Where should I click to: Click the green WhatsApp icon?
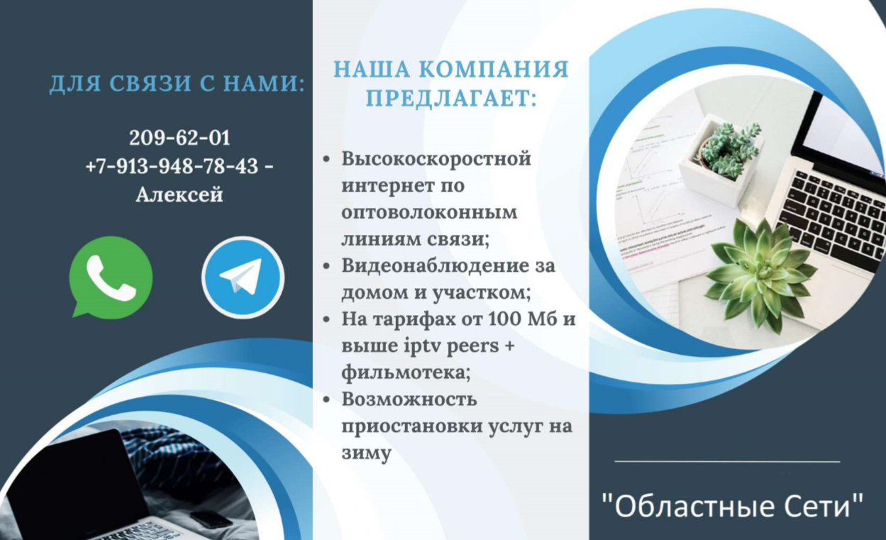click(111, 276)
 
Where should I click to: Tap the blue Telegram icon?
click(243, 277)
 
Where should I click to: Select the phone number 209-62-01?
click(179, 138)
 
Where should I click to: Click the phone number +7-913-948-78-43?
click(172, 167)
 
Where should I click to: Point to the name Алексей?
click(179, 194)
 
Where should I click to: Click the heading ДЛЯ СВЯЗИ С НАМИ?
click(177, 84)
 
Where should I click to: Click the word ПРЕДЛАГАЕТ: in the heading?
click(450, 99)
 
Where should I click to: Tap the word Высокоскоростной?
click(436, 158)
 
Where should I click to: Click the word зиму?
click(366, 453)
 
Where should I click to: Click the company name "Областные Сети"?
click(732, 507)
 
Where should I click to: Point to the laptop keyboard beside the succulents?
click(830, 213)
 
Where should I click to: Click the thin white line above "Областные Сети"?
click(727, 462)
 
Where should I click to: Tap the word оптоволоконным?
click(429, 212)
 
